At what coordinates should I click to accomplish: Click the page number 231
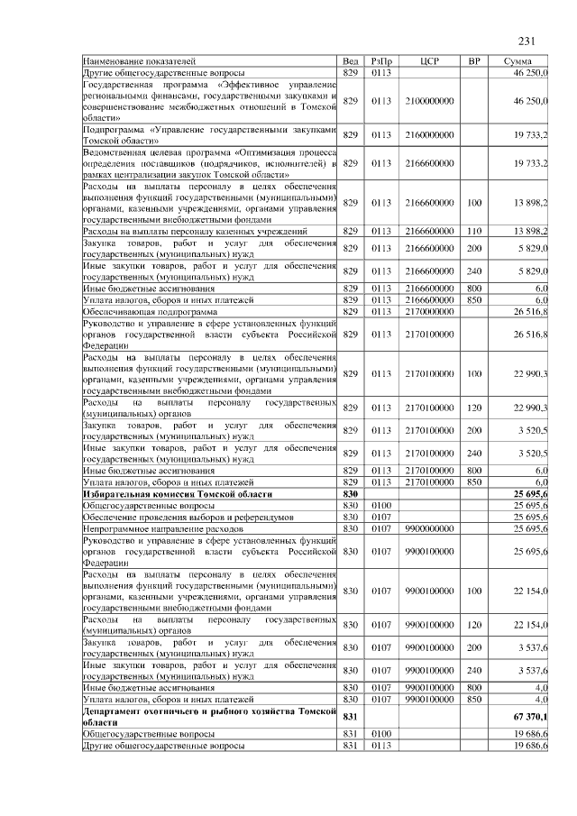click(527, 41)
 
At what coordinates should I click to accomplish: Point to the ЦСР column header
click(429, 60)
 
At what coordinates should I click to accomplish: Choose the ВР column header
click(474, 60)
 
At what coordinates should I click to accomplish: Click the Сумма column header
click(522, 60)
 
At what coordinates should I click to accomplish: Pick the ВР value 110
click(474, 232)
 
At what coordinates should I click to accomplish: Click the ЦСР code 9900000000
click(430, 528)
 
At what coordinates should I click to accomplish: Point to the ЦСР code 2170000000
click(430, 311)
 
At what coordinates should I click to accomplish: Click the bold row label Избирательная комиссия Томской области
click(167, 495)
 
